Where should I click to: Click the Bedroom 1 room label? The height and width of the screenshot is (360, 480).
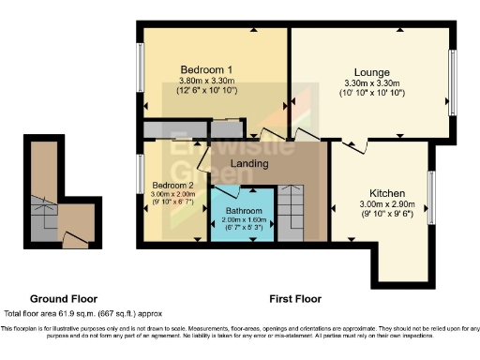tap(206, 69)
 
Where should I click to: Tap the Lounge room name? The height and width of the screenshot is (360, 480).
tap(371, 71)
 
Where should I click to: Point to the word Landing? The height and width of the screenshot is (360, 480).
tap(250, 164)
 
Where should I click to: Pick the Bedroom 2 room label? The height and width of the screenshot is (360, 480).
tap(172, 185)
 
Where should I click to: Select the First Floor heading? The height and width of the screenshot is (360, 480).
tap(295, 299)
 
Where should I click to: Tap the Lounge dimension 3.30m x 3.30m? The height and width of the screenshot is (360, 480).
tap(371, 82)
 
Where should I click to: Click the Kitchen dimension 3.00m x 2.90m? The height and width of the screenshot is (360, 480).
tap(386, 204)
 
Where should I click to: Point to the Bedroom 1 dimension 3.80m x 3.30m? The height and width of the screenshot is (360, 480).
tap(206, 82)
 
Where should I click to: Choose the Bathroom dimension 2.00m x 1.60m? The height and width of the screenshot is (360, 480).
tap(243, 218)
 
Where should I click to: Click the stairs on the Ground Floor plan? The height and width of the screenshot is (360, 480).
tap(42, 211)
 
